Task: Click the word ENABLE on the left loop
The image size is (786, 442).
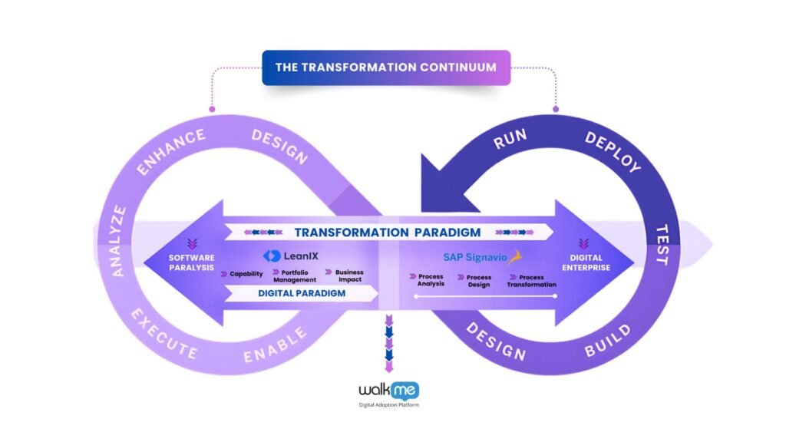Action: [276, 345]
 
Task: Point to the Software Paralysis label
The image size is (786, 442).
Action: [192, 262]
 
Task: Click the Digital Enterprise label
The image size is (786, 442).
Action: [589, 262]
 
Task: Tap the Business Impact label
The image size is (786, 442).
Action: [348, 275]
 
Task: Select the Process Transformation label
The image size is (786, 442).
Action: [531, 280]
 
